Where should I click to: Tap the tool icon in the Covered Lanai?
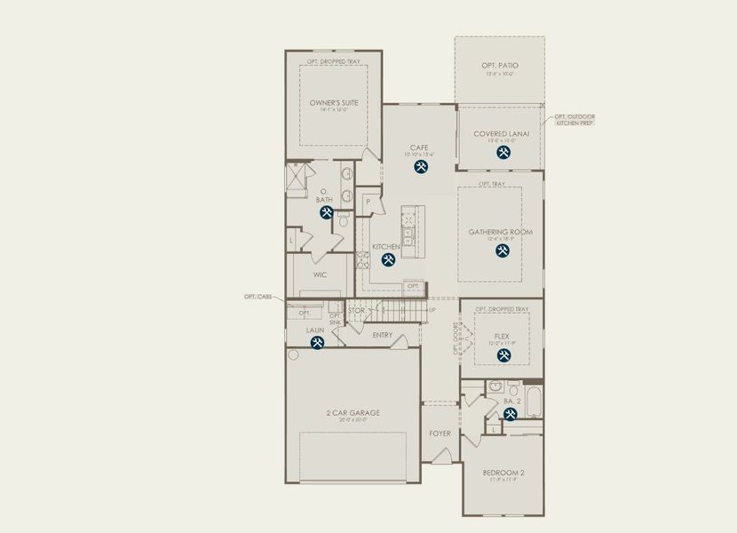503,154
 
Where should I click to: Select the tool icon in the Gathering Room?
502,251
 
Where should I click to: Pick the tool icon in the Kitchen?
388,260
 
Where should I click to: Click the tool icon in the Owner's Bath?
326,214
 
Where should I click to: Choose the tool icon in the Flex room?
503,355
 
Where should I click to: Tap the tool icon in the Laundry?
316,343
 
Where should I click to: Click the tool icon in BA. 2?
511,414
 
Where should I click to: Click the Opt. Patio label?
500,66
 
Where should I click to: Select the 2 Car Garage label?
353,413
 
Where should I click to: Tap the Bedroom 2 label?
503,473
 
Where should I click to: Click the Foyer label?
440,434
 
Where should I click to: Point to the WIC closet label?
320,274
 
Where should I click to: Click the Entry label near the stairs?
383,335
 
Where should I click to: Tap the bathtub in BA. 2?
533,402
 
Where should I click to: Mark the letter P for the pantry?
368,202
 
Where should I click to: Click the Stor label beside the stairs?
356,311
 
